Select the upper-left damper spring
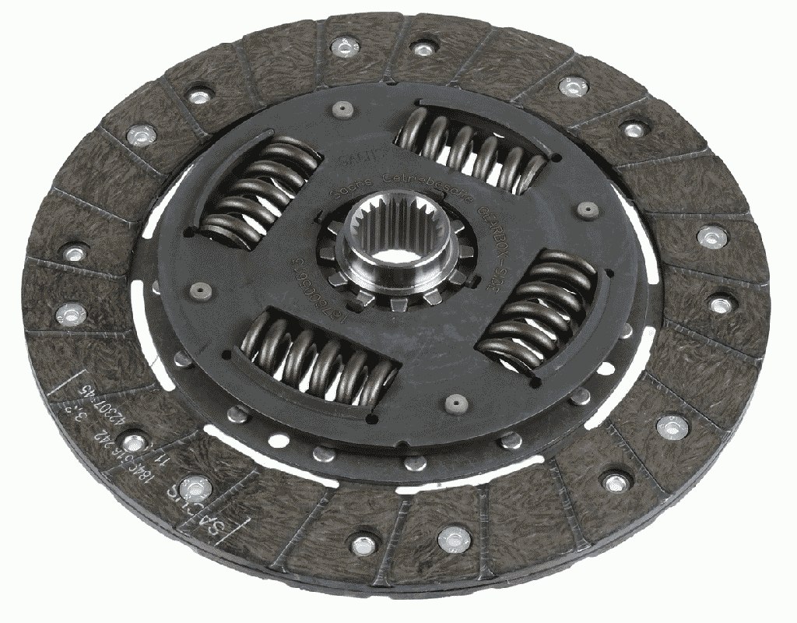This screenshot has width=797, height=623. [x=260, y=191]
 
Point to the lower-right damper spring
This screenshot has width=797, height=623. [x=537, y=308]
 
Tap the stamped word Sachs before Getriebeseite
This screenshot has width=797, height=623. [x=346, y=191]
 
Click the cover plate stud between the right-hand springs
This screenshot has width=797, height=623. [x=589, y=209]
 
